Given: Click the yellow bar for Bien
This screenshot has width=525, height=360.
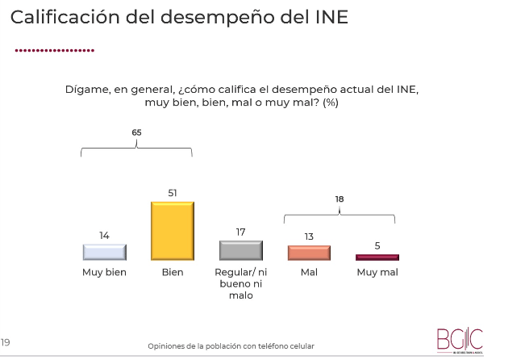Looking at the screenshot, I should coord(173,230).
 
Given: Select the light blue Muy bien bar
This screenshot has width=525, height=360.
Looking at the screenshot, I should coord(104,251).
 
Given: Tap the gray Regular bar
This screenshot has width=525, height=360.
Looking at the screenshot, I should coord(240,249).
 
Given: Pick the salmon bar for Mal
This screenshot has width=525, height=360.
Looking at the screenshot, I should coord(309,252).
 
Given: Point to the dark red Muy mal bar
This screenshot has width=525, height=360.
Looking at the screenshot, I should coord(377,257).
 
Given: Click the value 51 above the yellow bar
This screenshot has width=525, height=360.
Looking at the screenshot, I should coord(173,193).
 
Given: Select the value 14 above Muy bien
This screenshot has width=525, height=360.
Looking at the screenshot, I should coord(104,236).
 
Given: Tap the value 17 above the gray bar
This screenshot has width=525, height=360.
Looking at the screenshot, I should coord(240,232).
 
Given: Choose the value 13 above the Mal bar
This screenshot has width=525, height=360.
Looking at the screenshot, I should coord(309,237).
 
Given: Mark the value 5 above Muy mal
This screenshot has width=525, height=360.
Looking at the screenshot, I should coord(377,245).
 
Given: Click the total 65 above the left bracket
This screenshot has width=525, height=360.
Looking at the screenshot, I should coord(136,131).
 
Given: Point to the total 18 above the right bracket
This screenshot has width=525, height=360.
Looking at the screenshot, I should coord(340,198).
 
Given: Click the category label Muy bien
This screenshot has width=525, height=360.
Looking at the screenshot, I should coord(104,272).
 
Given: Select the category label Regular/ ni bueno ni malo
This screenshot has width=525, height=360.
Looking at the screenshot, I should coord(240,283).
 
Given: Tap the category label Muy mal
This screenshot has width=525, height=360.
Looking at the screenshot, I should coord(377,272).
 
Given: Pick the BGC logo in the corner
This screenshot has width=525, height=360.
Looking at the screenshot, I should coord(459,338).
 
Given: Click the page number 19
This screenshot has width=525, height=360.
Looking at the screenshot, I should coord(6,342).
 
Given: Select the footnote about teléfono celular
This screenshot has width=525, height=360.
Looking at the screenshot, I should coord(231,346).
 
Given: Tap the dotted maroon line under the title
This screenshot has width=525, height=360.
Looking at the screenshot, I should coord(55,50).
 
